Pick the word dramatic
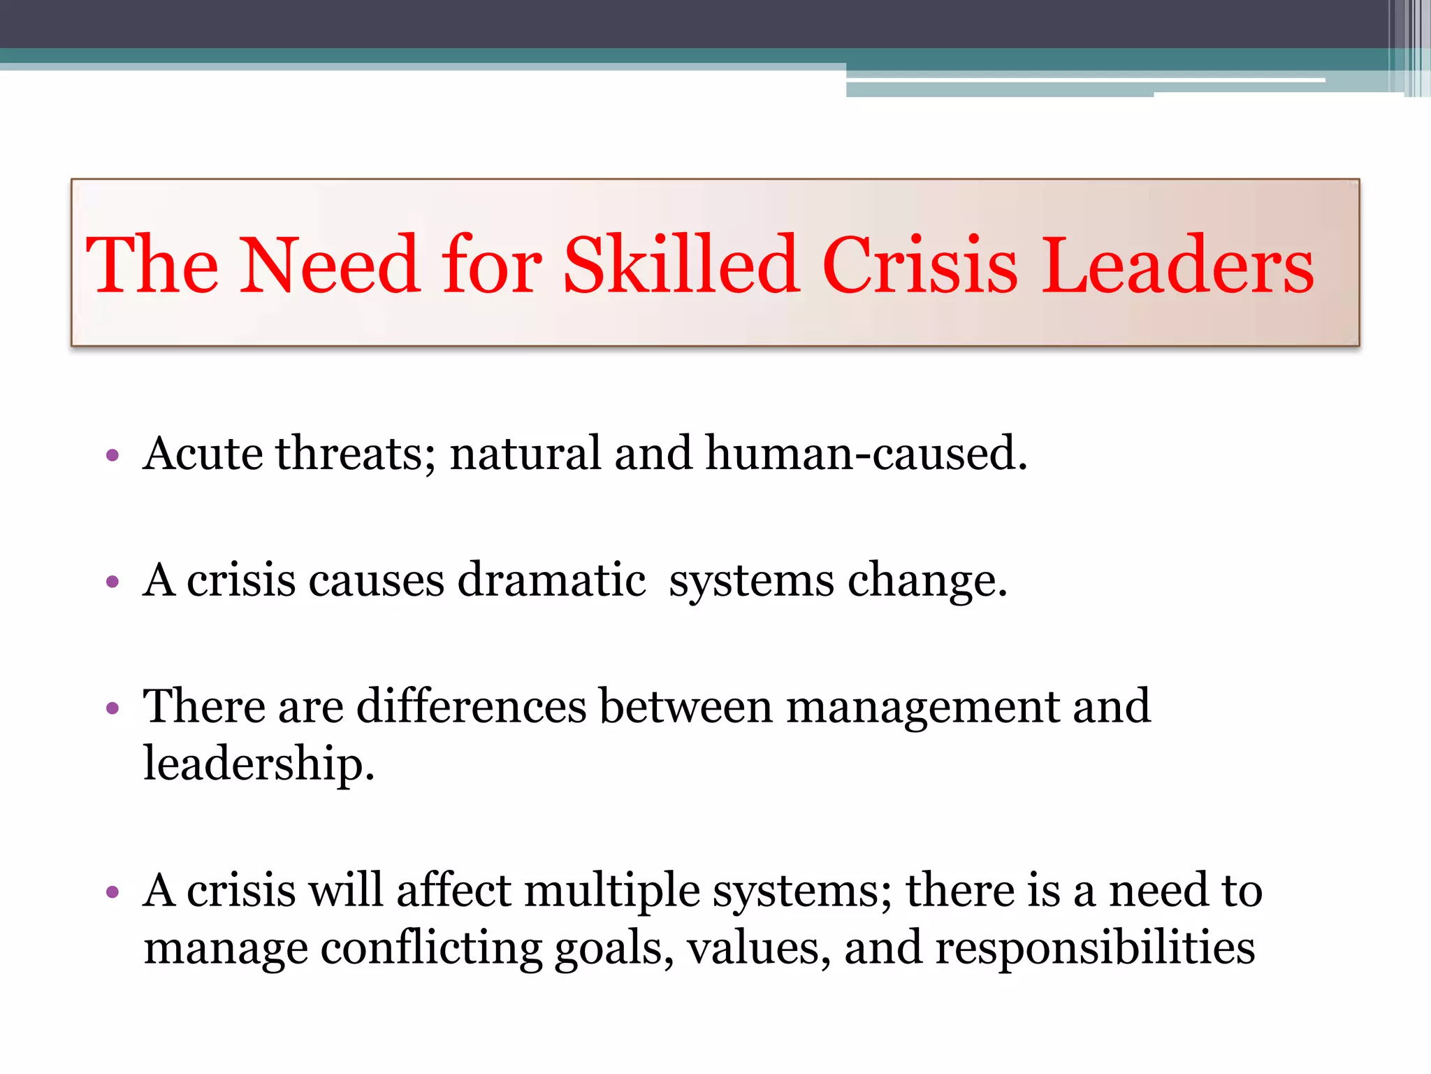551,580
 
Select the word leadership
259,764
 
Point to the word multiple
611,892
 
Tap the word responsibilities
1095,949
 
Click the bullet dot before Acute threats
112,457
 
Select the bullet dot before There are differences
112,709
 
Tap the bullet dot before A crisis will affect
112,893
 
